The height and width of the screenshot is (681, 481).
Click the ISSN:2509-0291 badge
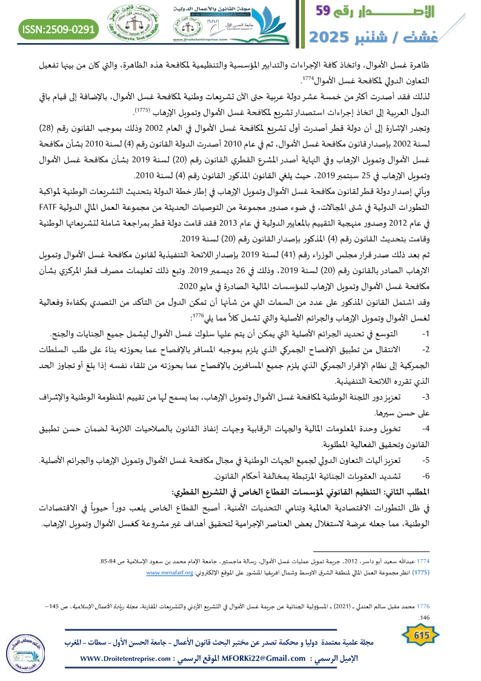(x=59, y=29)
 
